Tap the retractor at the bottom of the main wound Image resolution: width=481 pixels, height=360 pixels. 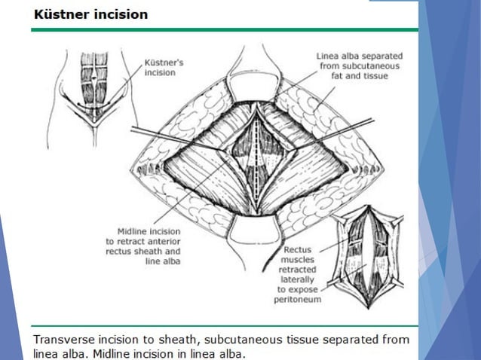pos(257,226)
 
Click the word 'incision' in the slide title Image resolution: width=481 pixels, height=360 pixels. pos(120,14)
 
